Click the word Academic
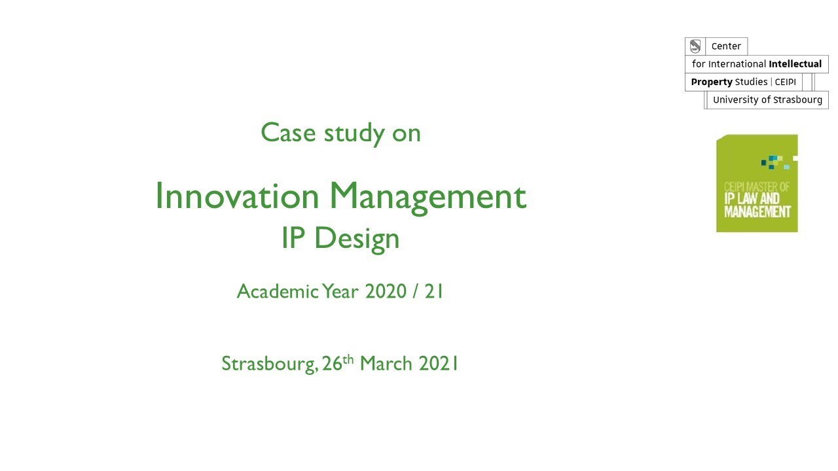pos(278,291)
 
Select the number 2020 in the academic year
pos(386,291)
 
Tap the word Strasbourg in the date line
pos(269,364)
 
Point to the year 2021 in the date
pos(439,363)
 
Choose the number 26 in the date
pos(333,363)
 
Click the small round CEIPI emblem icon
pos(695,46)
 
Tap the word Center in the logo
pos(726,46)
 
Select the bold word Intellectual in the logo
pos(795,64)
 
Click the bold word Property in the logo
pos(712,82)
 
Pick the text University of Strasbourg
pos(767,100)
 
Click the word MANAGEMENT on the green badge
pos(757,212)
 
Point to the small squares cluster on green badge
pos(776,162)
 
